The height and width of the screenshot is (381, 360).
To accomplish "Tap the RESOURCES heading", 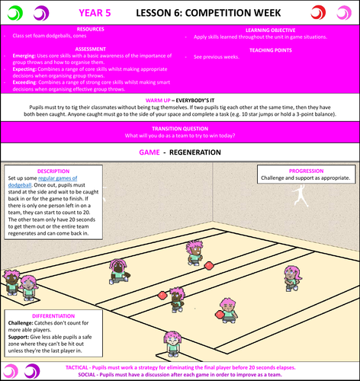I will (90, 29).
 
